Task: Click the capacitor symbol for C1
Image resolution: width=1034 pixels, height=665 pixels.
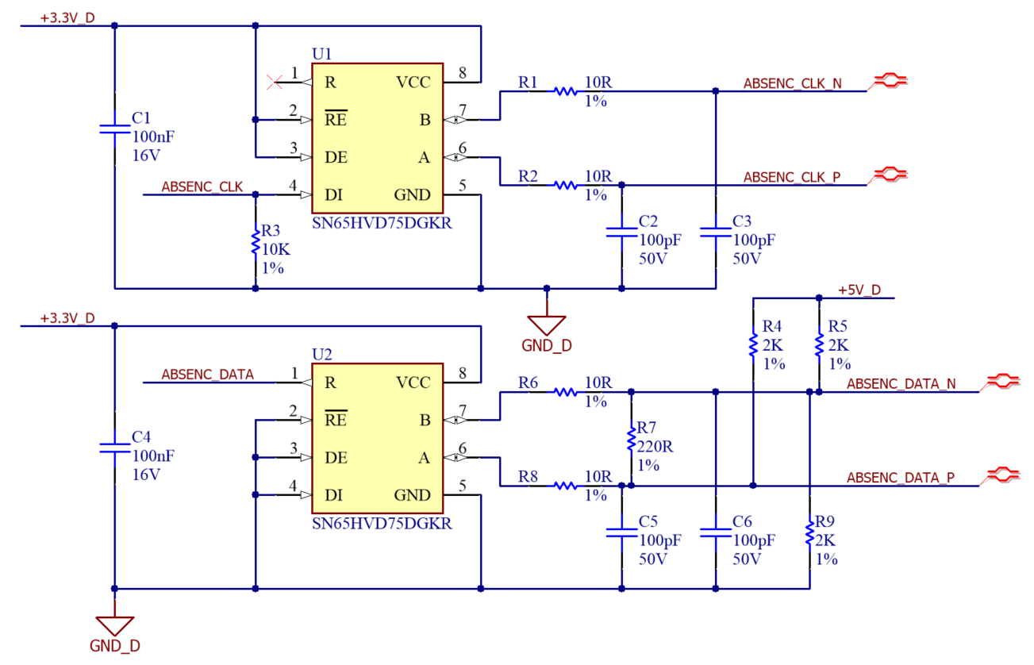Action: [x=114, y=129]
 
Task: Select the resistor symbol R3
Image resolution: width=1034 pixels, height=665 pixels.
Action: [x=255, y=244]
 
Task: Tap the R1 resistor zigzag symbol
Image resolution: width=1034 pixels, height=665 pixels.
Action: [x=565, y=91]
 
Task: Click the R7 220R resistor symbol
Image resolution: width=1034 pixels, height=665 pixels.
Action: [x=631, y=438]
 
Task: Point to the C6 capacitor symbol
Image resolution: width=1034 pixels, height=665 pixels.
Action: [x=716, y=533]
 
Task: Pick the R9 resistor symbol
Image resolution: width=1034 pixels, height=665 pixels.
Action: [x=809, y=533]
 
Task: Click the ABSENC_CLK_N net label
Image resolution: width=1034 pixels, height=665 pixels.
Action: [x=792, y=83]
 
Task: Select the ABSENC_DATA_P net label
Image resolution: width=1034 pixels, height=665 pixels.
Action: [x=900, y=478]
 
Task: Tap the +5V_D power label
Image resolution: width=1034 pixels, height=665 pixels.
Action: [x=859, y=290]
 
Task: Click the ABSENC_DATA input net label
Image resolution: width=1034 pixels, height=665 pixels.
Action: [x=207, y=375]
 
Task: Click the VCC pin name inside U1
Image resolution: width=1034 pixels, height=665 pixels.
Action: [x=413, y=82]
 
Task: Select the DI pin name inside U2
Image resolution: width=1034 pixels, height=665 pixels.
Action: [x=333, y=495]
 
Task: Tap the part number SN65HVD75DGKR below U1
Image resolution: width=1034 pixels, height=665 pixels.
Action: [x=382, y=223]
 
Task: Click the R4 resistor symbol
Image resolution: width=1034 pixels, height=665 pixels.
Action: [x=753, y=345]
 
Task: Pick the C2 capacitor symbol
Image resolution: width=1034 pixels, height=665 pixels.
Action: [x=621, y=233]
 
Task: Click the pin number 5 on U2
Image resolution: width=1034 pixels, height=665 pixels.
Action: [x=462, y=486]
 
